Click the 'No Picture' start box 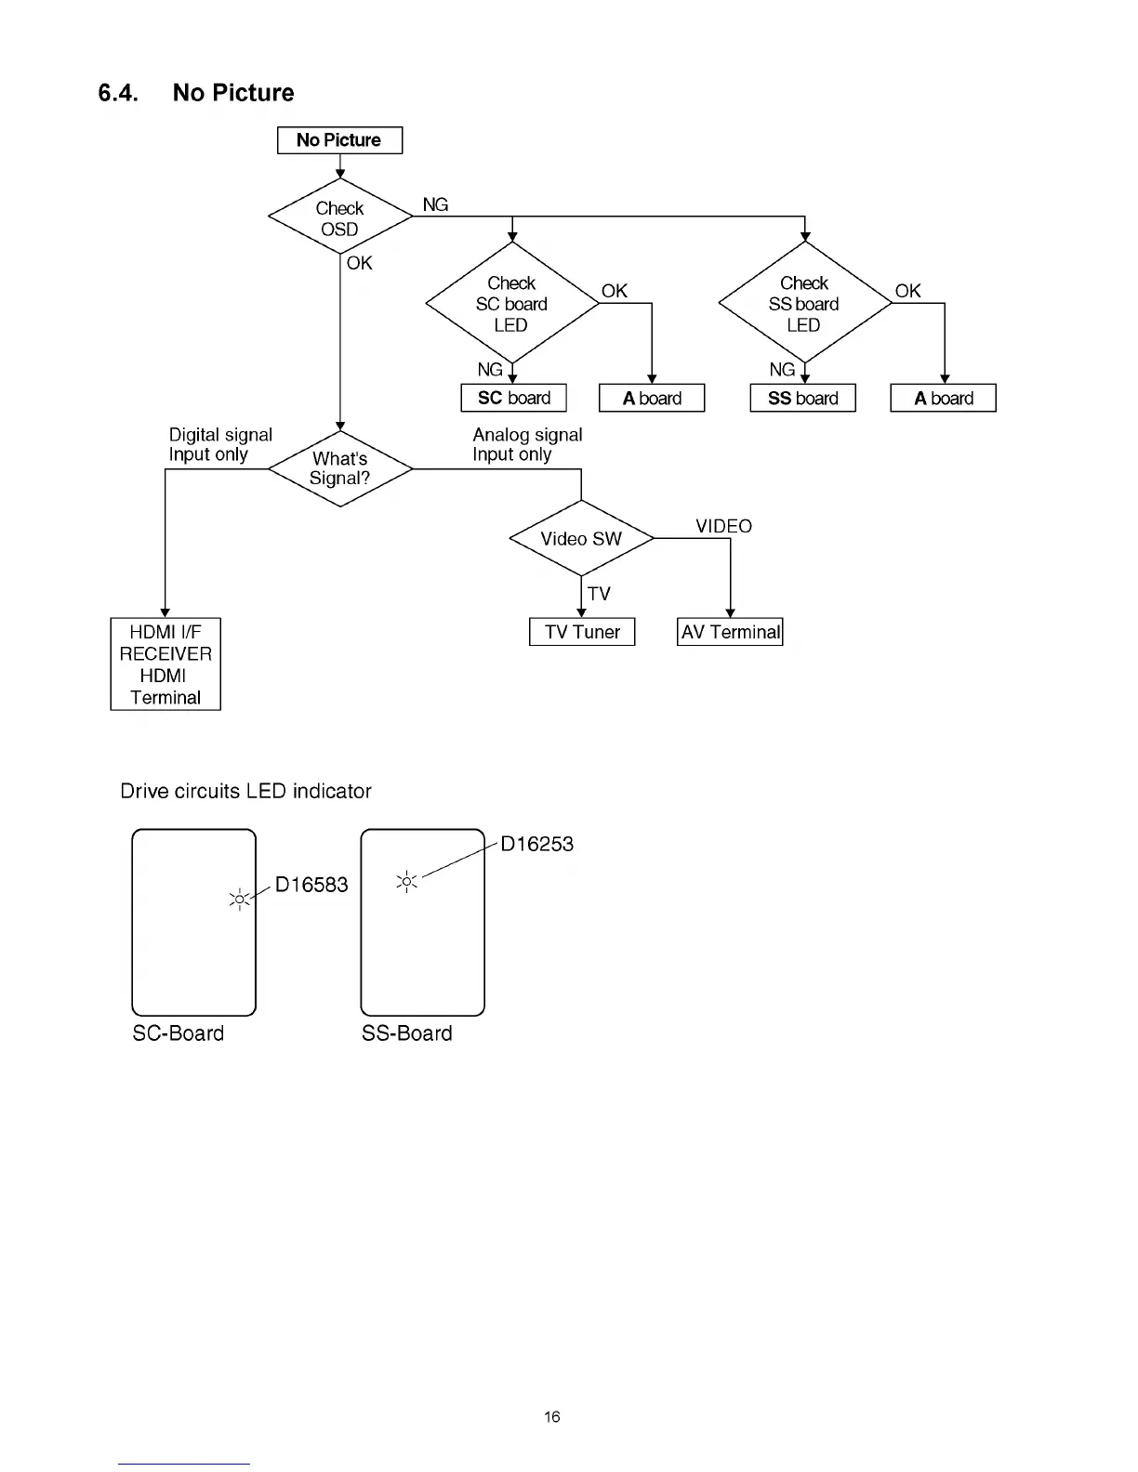tap(339, 140)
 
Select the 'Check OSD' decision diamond tap(339, 217)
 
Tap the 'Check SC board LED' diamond tap(511, 304)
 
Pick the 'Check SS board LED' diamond tap(804, 304)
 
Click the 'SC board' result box tap(513, 398)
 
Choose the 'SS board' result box tap(802, 398)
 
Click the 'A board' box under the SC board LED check tap(652, 398)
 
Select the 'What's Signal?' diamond tap(339, 468)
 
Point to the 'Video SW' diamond tap(581, 539)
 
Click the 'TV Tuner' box tap(582, 632)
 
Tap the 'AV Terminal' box tap(730, 632)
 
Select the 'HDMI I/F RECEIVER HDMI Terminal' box tap(165, 664)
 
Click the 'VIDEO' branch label tap(723, 526)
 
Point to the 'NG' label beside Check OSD tap(435, 204)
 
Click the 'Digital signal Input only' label tap(219, 444)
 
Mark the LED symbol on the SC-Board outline tap(240, 900)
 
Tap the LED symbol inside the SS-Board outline tap(406, 881)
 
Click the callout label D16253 tap(536, 844)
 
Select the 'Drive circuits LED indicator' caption tap(245, 791)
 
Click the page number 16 tap(552, 1416)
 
